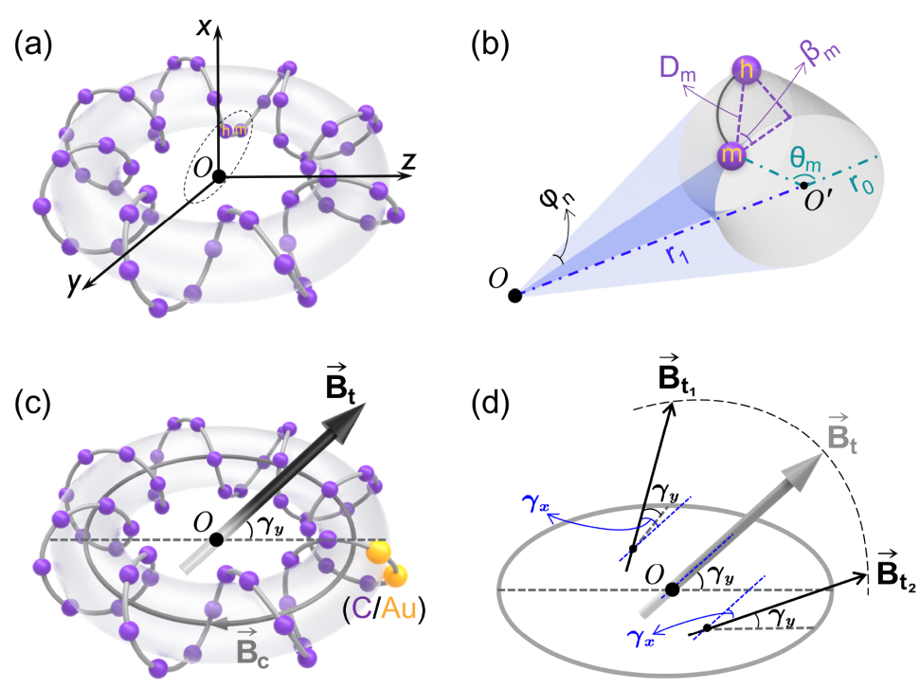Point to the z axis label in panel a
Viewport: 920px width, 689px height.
coord(408,162)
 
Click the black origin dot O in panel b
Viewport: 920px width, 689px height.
coord(514,295)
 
